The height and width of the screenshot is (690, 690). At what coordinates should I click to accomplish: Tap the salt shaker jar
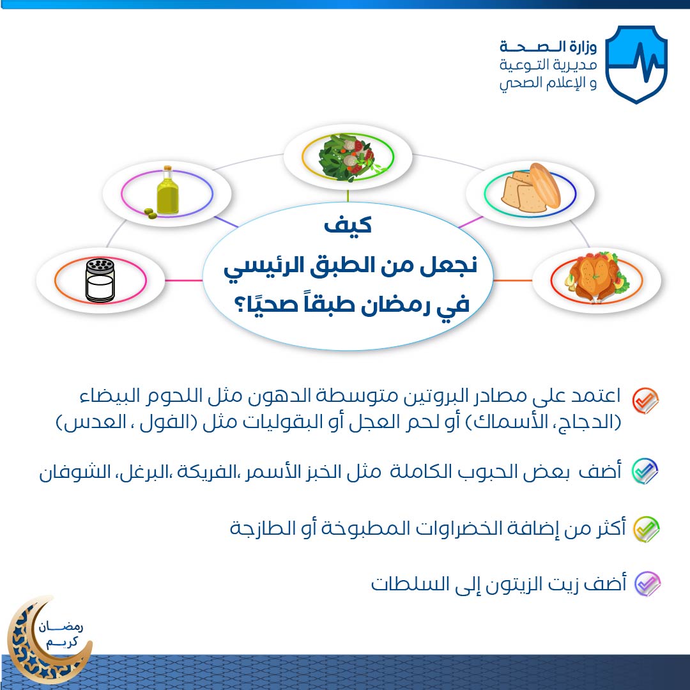pyautogui.click(x=100, y=280)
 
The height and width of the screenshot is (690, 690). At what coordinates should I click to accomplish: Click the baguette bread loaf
pyautogui.click(x=545, y=185)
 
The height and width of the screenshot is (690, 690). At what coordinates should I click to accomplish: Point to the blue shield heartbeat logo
pyautogui.click(x=636, y=65)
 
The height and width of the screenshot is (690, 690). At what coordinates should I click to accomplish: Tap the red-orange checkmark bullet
pyautogui.click(x=645, y=400)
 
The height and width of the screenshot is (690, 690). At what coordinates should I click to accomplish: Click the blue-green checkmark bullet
pyautogui.click(x=645, y=471)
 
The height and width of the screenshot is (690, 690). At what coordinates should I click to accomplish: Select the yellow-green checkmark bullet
pyautogui.click(x=646, y=529)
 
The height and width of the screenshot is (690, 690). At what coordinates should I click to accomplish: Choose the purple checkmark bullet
pyautogui.click(x=647, y=584)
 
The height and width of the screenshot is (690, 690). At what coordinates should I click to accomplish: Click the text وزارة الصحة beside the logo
pyautogui.click(x=548, y=46)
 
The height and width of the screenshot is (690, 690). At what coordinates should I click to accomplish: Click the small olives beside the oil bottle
pyautogui.click(x=150, y=213)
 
